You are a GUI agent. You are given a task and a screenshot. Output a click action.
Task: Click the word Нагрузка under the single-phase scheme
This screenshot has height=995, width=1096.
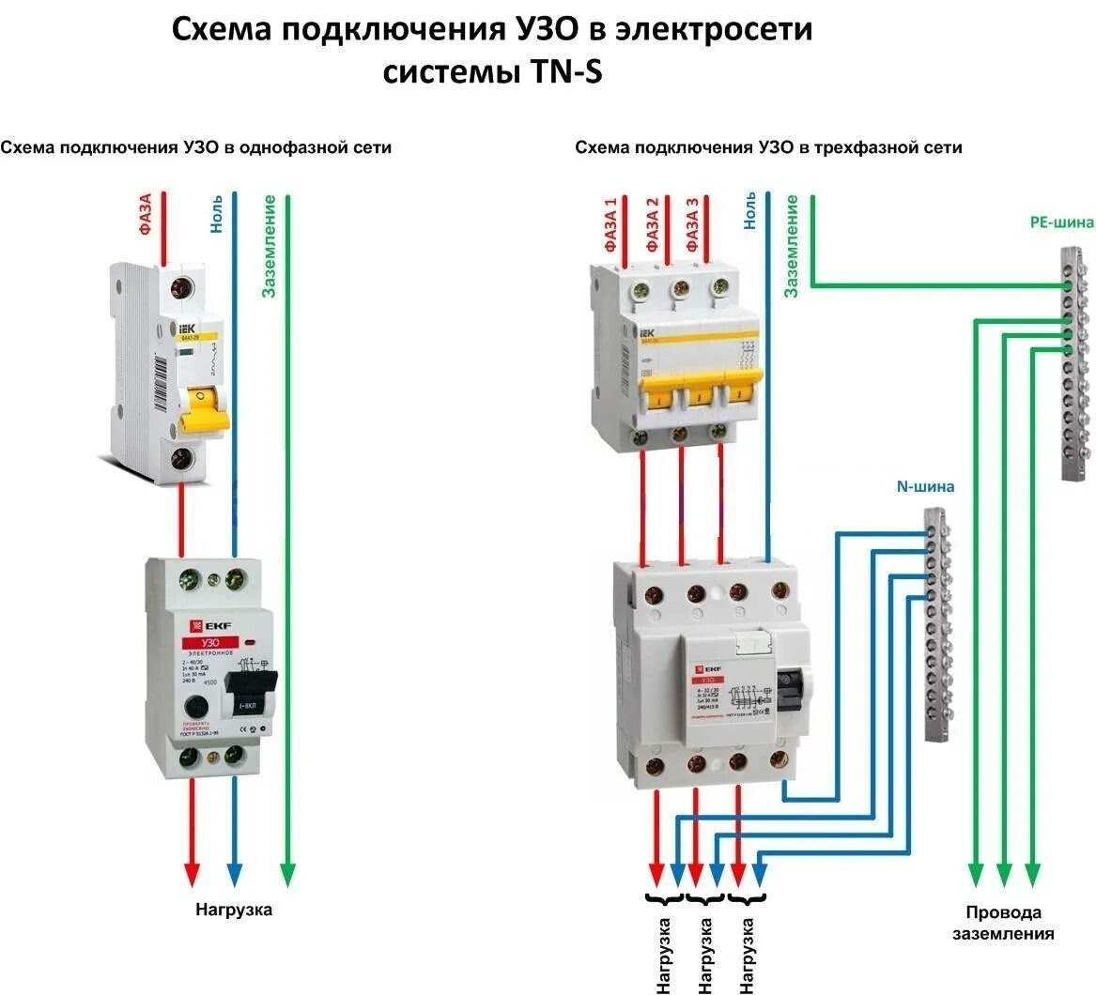(x=234, y=910)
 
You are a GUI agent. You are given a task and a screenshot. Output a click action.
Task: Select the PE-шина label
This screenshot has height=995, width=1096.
(x=1061, y=222)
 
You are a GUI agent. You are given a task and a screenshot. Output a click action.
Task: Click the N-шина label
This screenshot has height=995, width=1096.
(x=925, y=487)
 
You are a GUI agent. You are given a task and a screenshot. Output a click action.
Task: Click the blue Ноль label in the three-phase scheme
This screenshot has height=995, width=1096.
(x=749, y=211)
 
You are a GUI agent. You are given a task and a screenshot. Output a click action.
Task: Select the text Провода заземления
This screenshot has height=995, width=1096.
(x=1003, y=923)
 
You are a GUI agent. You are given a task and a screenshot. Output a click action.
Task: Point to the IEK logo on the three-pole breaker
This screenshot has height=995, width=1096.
(x=647, y=334)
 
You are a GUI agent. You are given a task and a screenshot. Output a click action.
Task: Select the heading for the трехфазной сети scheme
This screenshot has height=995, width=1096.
(x=768, y=147)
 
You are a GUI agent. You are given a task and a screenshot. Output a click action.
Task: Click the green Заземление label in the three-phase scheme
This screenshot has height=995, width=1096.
(x=792, y=246)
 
